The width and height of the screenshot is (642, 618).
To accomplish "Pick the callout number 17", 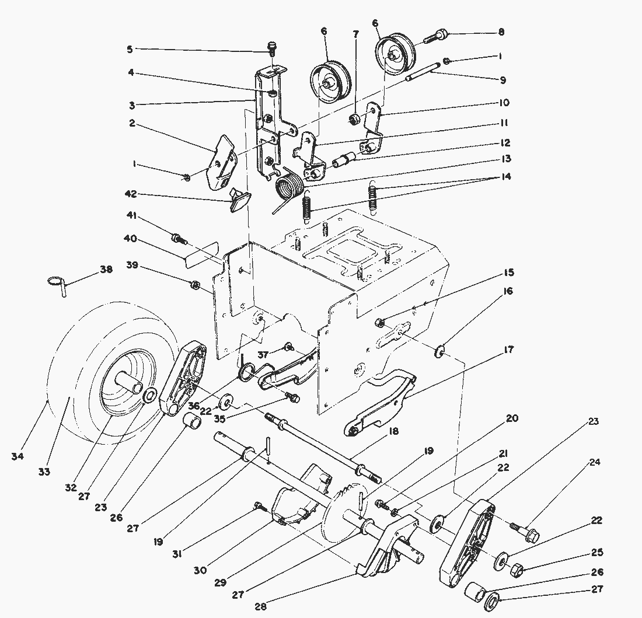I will [x=508, y=350].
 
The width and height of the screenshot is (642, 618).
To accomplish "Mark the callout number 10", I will [x=503, y=103].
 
